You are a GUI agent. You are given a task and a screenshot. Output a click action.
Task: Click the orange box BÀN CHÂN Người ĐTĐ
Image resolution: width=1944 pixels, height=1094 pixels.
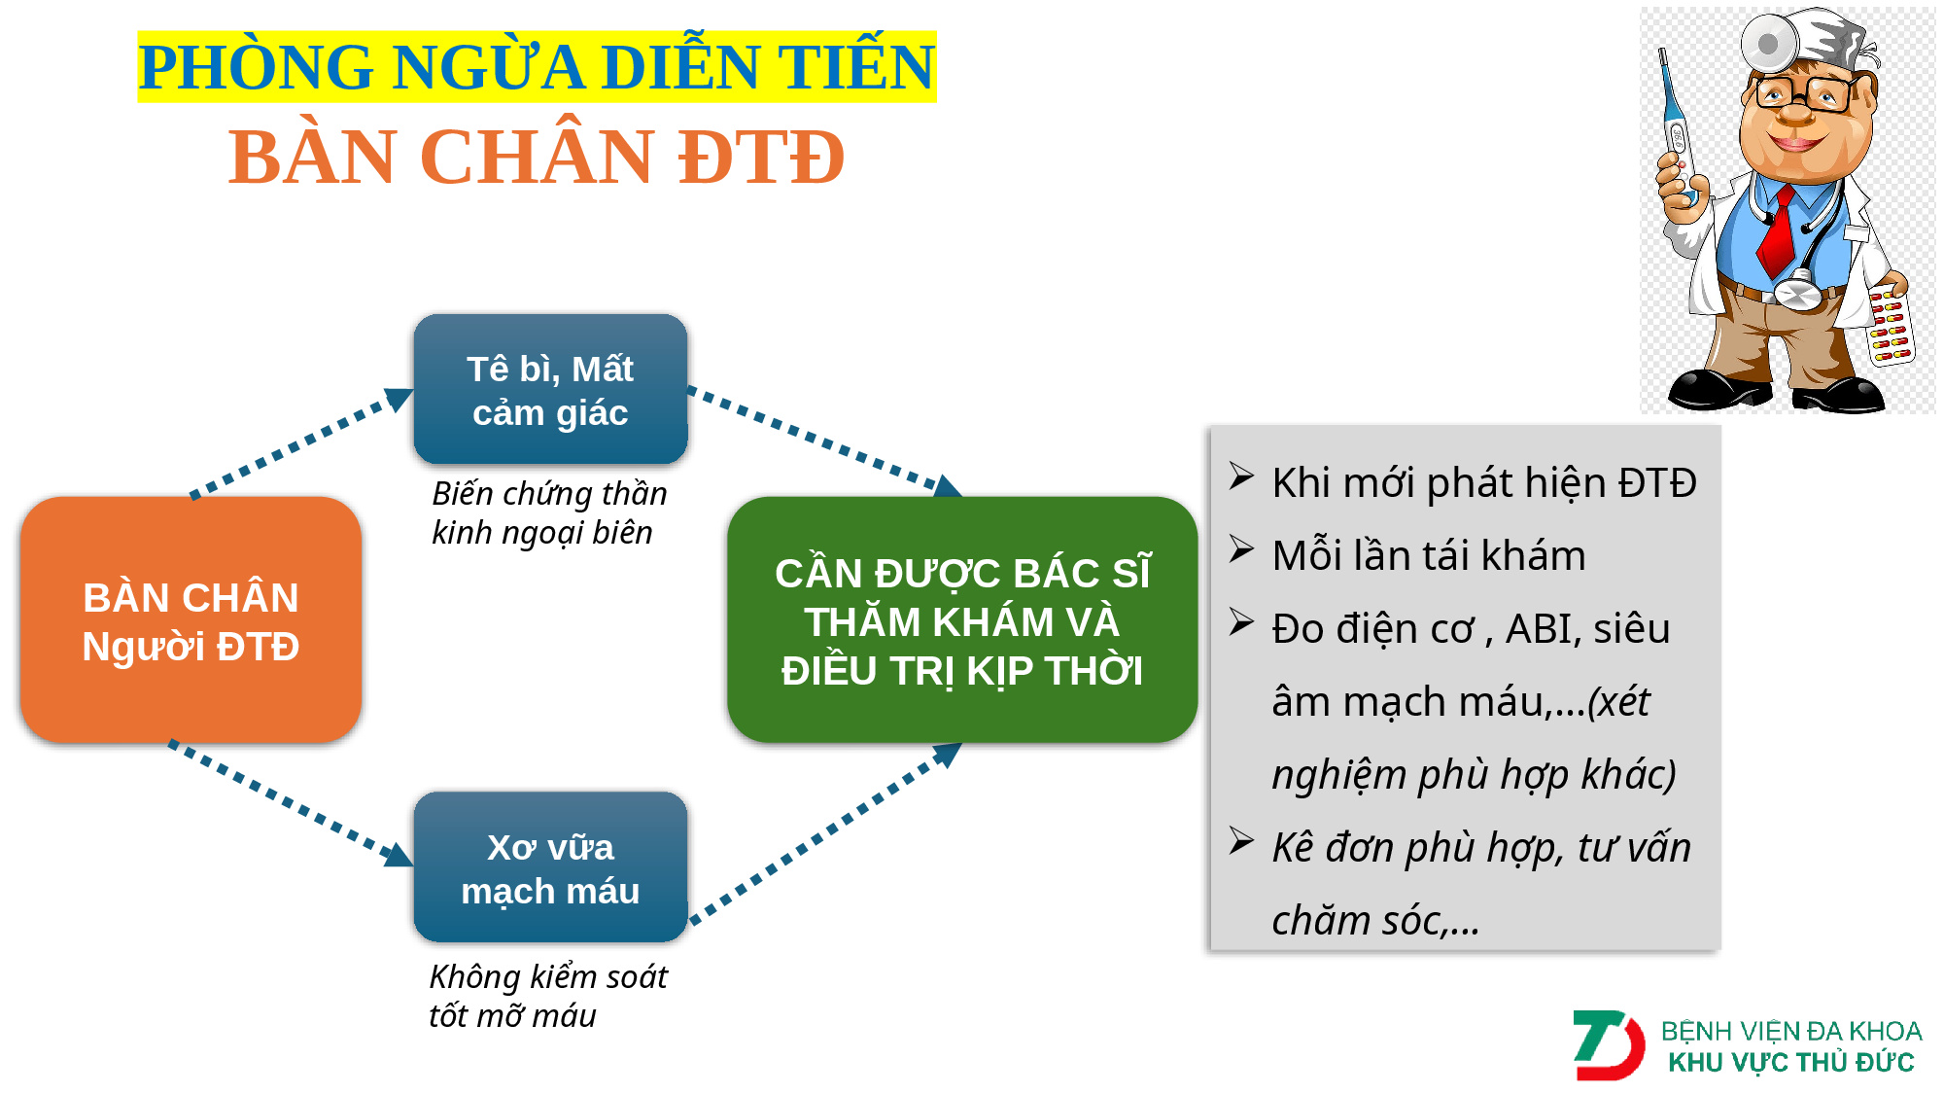click(191, 620)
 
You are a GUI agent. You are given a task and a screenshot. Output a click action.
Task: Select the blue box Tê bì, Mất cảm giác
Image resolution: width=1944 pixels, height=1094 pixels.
click(550, 389)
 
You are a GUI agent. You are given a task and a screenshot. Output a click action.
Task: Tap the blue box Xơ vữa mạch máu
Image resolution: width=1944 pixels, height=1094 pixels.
click(550, 867)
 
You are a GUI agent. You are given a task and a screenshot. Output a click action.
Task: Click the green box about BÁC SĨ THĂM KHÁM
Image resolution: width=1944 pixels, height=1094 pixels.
click(962, 620)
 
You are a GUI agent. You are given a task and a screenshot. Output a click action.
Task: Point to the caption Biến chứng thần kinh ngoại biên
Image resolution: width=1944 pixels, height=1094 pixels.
click(549, 512)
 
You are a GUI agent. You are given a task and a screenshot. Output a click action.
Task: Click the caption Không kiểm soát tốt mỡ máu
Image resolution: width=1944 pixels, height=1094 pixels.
click(548, 996)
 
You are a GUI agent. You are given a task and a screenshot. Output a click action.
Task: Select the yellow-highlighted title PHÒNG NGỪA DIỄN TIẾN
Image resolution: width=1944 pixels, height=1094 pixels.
click(537, 66)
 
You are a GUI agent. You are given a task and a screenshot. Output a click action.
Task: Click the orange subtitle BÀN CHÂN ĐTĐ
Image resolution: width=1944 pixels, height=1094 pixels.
click(537, 157)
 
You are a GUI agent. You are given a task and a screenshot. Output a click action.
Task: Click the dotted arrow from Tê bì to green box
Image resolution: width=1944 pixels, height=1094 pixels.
click(825, 442)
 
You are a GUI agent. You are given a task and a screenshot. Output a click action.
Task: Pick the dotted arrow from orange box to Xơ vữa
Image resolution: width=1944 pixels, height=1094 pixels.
click(292, 803)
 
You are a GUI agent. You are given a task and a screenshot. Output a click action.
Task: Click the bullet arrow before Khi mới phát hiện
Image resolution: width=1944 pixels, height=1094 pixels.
click(1241, 476)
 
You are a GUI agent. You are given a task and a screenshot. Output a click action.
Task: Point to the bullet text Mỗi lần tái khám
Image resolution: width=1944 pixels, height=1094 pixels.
click(1429, 555)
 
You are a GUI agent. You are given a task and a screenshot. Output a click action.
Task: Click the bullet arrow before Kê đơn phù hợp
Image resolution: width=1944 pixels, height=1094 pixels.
click(1241, 840)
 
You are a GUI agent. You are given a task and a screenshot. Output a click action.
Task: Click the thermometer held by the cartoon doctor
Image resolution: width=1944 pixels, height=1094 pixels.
click(1677, 126)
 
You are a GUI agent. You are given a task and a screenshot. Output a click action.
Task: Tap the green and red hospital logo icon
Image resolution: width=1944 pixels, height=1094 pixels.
click(1609, 1045)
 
